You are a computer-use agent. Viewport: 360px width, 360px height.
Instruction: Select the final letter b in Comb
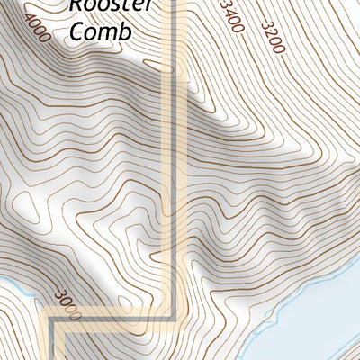click(x=126, y=31)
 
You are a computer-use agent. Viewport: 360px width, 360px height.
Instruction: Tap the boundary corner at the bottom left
click(x=55, y=321)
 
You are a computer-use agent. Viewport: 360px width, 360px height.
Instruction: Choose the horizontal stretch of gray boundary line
click(x=112, y=319)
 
